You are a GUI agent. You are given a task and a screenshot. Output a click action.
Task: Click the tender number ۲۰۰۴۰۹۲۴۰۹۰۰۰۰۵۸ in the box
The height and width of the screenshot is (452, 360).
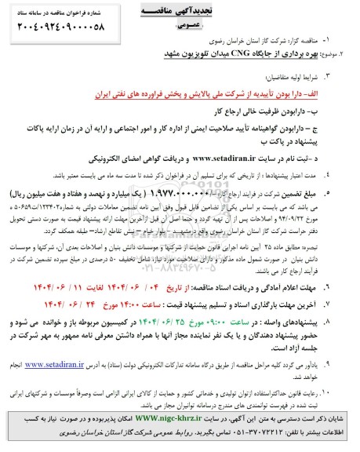64,35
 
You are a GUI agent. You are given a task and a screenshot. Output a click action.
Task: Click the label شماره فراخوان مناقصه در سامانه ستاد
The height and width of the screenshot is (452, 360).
64,15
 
